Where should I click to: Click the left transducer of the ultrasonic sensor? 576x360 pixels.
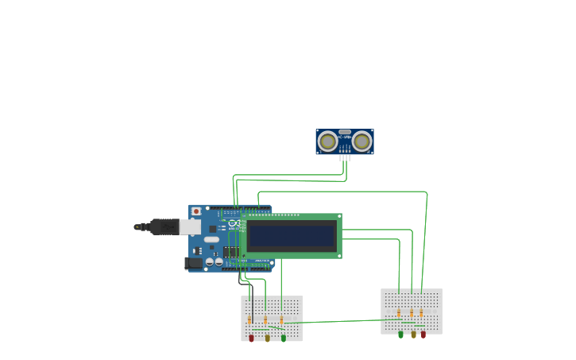(327, 141)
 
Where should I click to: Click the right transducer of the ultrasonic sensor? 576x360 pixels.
(362, 141)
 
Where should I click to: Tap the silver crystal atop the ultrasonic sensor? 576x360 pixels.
(345, 132)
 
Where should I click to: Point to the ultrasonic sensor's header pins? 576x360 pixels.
(345, 157)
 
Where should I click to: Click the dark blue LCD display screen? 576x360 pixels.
(292, 236)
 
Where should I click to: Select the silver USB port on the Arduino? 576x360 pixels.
(190, 227)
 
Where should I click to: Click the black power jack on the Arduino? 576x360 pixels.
(194, 263)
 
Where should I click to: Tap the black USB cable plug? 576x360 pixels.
(164, 227)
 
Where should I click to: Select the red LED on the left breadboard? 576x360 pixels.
(252, 338)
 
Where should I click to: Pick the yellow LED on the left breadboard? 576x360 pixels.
(267, 338)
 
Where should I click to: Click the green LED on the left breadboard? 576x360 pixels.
(284, 338)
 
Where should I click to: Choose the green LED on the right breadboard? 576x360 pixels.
(400, 335)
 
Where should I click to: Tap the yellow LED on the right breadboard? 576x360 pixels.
(413, 335)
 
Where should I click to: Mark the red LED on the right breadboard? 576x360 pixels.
(423, 335)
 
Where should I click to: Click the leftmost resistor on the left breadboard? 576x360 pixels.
(249, 320)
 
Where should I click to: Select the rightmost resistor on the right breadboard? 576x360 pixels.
(421, 312)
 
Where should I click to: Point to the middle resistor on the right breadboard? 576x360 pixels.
(412, 312)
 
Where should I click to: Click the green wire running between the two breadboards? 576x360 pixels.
(334, 322)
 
